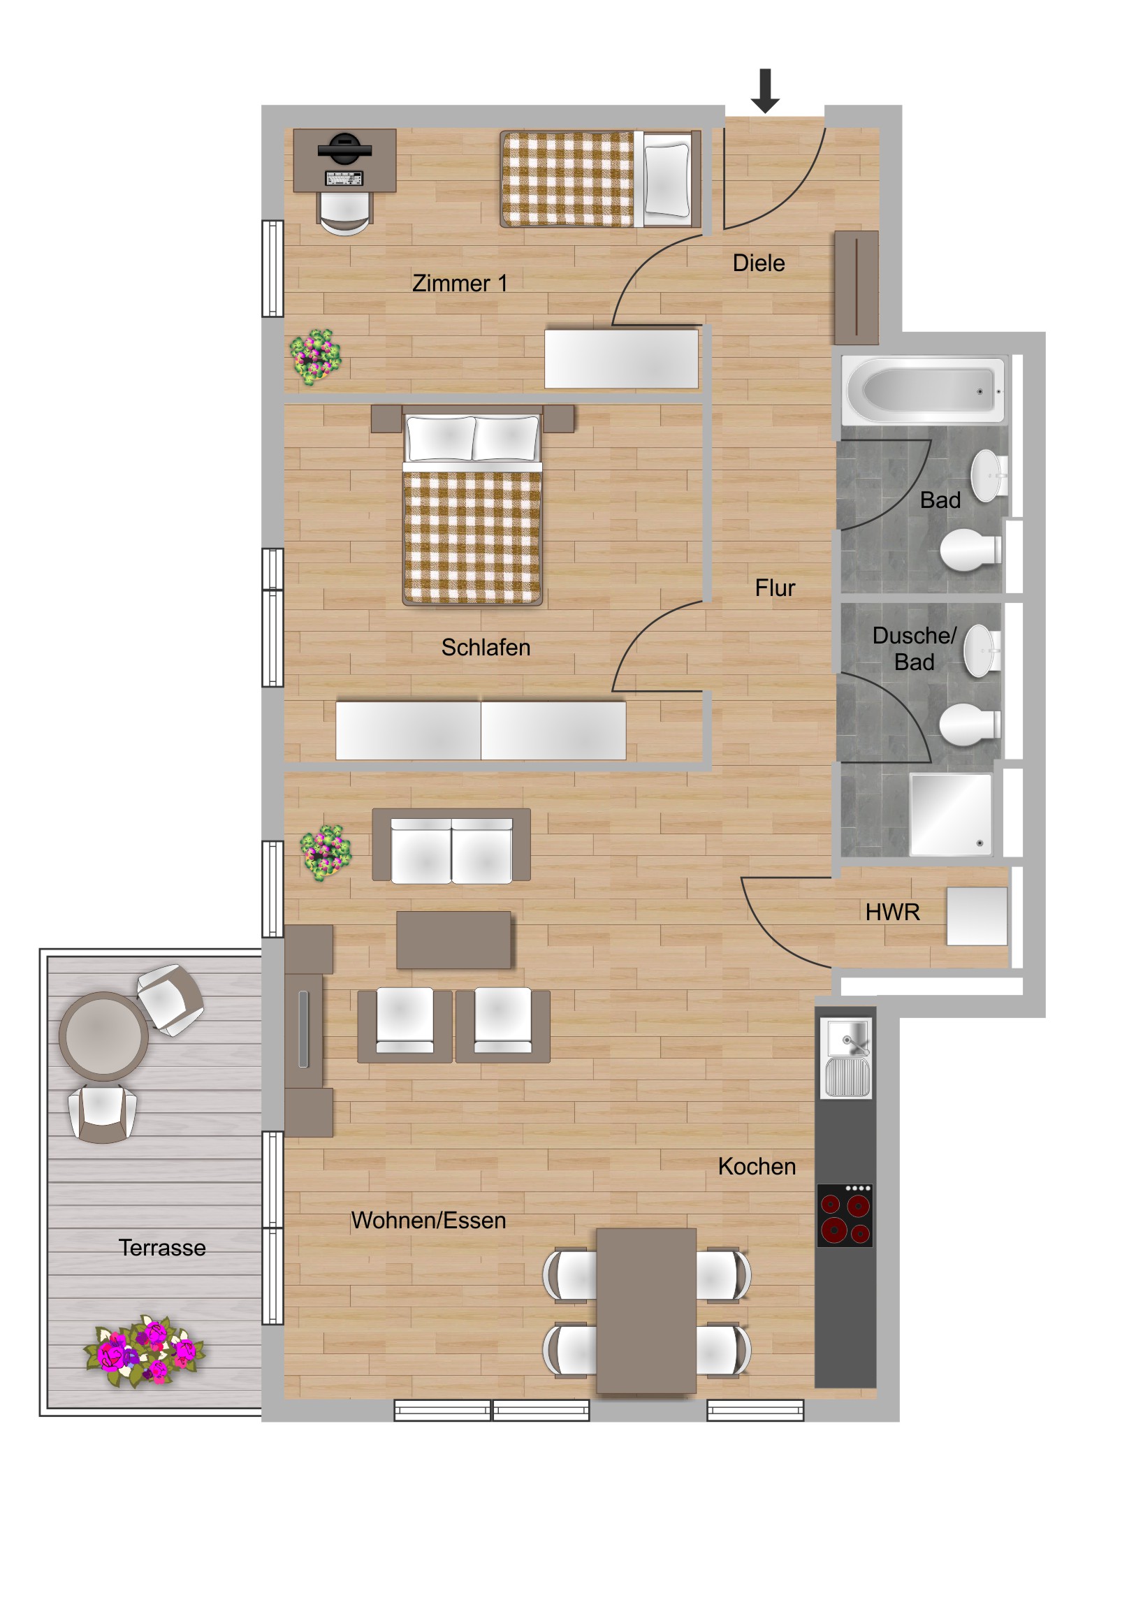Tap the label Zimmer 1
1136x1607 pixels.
click(459, 284)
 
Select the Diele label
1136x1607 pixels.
click(758, 263)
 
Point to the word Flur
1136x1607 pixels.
click(775, 588)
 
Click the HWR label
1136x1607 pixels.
click(891, 912)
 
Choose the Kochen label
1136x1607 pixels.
click(757, 1166)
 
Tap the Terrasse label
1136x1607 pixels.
click(161, 1247)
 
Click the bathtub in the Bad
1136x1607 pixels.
click(924, 391)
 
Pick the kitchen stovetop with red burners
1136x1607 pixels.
click(845, 1216)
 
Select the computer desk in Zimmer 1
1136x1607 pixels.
click(344, 160)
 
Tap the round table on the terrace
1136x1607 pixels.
click(103, 1036)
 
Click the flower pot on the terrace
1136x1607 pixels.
click(144, 1351)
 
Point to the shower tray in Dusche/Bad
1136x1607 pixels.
click(950, 814)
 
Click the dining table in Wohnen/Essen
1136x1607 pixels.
click(646, 1310)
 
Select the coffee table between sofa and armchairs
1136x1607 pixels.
click(453, 940)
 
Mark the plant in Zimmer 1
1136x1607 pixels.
click(316, 357)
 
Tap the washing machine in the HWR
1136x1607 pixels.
click(977, 916)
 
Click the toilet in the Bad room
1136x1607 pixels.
click(970, 550)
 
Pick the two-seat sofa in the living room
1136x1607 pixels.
click(451, 845)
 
